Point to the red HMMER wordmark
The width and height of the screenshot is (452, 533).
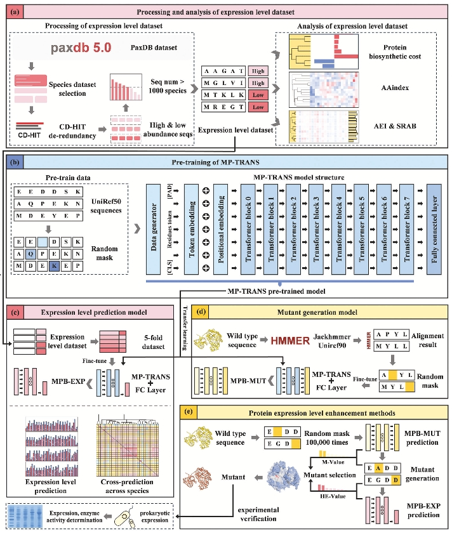pyautogui.click(x=272, y=341)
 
